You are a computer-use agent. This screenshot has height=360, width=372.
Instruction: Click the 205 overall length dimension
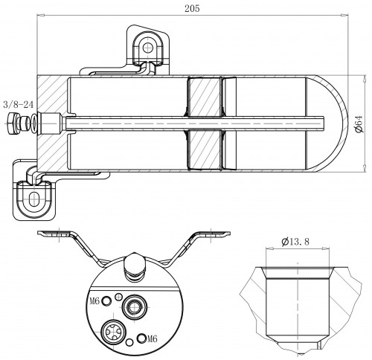pyautogui.click(x=192, y=9)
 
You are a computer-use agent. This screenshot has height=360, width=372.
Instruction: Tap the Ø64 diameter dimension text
pyautogui.click(x=359, y=123)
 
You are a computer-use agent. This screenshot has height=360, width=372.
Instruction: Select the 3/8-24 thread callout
pyautogui.click(x=18, y=105)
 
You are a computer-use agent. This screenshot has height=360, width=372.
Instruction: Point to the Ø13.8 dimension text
pyautogui.click(x=295, y=241)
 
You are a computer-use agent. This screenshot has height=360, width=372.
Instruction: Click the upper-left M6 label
pyautogui.click(x=94, y=301)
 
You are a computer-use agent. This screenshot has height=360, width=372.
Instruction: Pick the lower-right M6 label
pyautogui.click(x=153, y=338)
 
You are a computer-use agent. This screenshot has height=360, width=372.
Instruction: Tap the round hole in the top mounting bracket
pyautogui.click(x=148, y=48)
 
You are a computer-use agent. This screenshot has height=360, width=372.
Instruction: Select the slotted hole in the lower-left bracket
pyautogui.click(x=33, y=199)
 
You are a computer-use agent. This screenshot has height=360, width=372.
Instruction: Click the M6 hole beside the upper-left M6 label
pyautogui.click(x=107, y=301)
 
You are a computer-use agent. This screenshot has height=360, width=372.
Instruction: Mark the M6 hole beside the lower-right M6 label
pyautogui.click(x=142, y=338)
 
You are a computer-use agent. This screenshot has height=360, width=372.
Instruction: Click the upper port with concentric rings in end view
pyautogui.click(x=134, y=306)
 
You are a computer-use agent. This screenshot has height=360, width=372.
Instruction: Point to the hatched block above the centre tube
pyautogui.click(x=204, y=97)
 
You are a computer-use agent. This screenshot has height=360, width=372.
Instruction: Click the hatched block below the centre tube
pyautogui.click(x=204, y=150)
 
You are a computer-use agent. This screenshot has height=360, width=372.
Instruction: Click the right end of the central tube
pyautogui.click(x=324, y=123)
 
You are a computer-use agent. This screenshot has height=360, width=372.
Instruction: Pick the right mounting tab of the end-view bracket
pyautogui.click(x=213, y=234)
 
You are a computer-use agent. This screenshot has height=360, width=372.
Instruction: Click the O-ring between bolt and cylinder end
pyautogui.click(x=33, y=123)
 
